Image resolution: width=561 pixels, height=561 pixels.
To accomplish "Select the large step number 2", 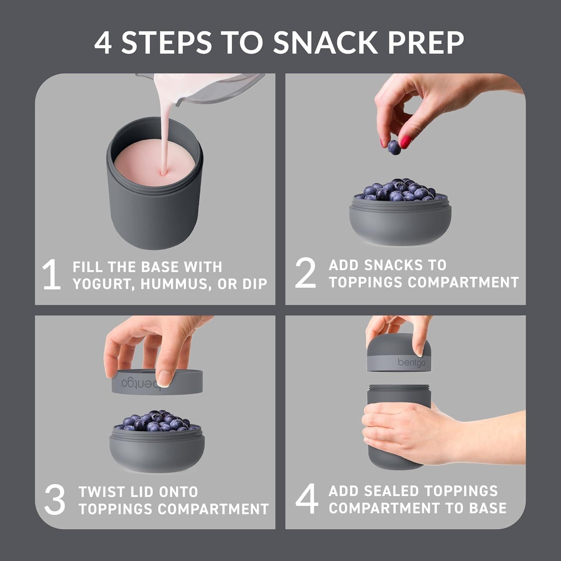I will [x=305, y=273].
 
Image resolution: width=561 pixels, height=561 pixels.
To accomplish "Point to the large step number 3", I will [x=55, y=500].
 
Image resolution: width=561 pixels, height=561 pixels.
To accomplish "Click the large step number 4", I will [x=307, y=499].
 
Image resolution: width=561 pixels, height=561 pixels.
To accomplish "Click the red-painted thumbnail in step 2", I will [x=405, y=142].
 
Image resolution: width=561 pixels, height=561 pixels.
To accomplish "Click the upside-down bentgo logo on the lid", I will [x=146, y=382].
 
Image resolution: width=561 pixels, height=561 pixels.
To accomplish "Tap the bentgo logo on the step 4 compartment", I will [x=411, y=362].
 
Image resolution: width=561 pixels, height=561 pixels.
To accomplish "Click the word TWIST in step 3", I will [x=101, y=492].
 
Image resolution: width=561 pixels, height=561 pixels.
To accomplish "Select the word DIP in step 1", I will [x=255, y=284].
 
